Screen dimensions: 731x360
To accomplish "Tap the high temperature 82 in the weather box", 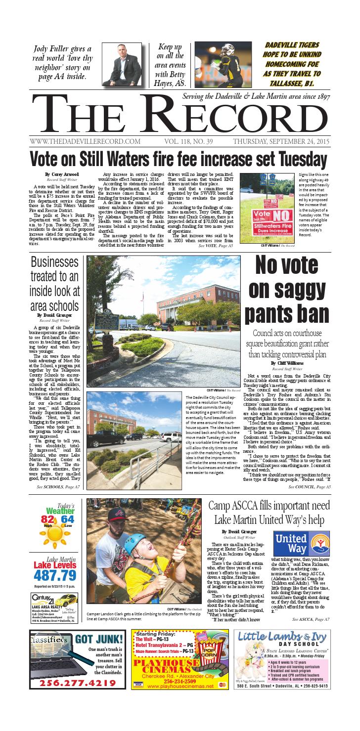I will [47, 533].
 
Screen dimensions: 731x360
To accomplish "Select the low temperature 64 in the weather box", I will [68, 533].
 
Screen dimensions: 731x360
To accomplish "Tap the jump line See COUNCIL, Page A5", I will [310, 487].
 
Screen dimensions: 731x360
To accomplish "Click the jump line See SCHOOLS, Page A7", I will [58, 487].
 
